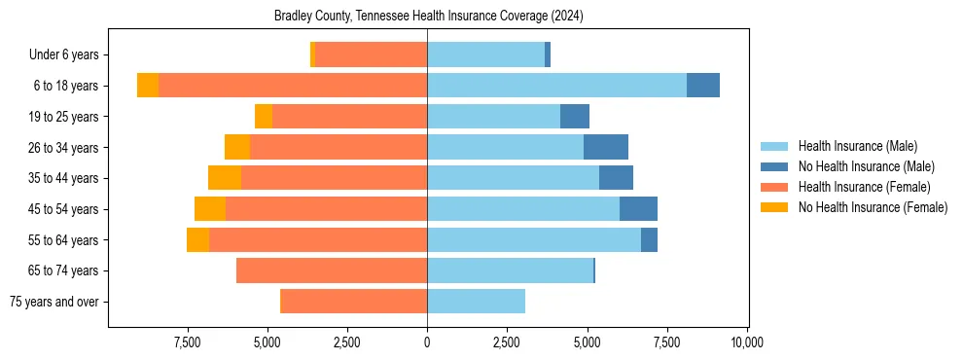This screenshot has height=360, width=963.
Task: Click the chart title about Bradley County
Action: tap(429, 16)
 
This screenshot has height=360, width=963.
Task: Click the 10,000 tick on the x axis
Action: tap(746, 342)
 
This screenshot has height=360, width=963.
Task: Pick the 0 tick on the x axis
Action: tap(427, 342)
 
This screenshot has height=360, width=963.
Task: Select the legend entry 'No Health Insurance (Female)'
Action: tap(873, 207)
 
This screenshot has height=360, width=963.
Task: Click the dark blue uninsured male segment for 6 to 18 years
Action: tap(703, 86)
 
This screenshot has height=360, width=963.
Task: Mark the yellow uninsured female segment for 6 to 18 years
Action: tap(148, 86)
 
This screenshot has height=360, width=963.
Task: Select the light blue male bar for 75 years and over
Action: tap(476, 302)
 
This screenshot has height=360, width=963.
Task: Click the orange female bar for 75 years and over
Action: tap(354, 302)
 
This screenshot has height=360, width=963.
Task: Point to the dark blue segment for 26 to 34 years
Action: tap(606, 147)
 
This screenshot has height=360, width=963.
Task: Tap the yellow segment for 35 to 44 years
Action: tap(225, 178)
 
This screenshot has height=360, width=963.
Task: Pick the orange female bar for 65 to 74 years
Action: tap(332, 270)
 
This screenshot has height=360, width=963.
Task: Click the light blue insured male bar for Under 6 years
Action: tap(486, 55)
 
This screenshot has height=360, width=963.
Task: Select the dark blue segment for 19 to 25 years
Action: tap(575, 117)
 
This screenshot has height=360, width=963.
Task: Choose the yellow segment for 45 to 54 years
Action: tap(210, 209)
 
